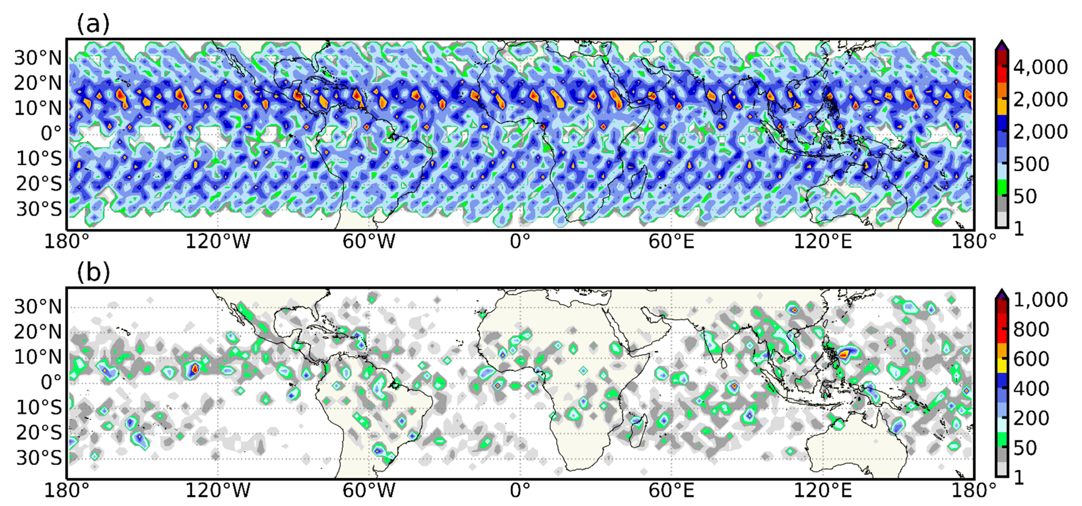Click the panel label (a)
[93, 24]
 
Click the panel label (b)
[93, 273]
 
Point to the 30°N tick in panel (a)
[38, 58]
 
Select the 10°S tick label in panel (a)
[39, 159]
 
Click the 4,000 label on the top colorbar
[1040, 67]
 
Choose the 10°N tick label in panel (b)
[38, 357]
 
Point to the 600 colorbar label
[1031, 359]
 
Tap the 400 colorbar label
[1031, 388]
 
